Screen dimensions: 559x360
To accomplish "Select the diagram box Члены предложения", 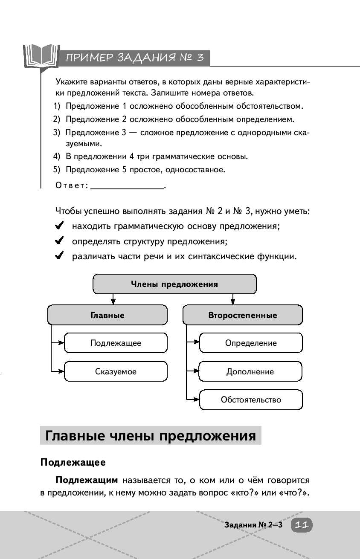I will (174, 284).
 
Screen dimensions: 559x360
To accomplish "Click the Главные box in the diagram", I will (107, 316).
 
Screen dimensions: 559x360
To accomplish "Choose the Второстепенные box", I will (242, 316).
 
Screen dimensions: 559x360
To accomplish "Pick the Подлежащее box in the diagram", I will (116, 343).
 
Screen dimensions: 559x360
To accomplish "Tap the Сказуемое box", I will (116, 371).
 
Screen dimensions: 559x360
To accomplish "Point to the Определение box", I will (251, 343).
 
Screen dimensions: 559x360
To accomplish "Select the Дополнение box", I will (251, 371).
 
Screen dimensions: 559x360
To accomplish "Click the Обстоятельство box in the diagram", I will (251, 400).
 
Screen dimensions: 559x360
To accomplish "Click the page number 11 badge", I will (302, 525).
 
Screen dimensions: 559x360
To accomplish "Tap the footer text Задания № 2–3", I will (253, 525).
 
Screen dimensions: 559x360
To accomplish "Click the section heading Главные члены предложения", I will (151, 436).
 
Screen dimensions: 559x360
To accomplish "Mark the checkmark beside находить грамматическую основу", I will (60, 226).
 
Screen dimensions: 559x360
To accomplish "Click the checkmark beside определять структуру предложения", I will (60, 241).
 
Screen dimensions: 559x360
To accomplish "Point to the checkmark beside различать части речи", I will (60, 256).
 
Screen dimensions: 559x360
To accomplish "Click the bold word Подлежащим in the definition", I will (87, 481).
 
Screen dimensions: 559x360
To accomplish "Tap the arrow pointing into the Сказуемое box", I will (60, 371).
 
